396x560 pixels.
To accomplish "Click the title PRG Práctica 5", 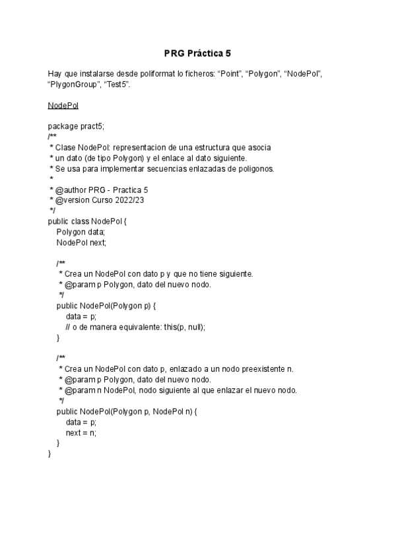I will coord(197,53).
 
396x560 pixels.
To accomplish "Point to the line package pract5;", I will coord(76,126).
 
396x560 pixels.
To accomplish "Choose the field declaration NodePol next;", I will coord(81,242).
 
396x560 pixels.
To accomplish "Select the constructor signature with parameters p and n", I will coord(127,411).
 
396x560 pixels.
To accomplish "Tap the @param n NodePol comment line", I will coord(178,390).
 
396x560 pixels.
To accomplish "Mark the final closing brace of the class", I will coord(49,454).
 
